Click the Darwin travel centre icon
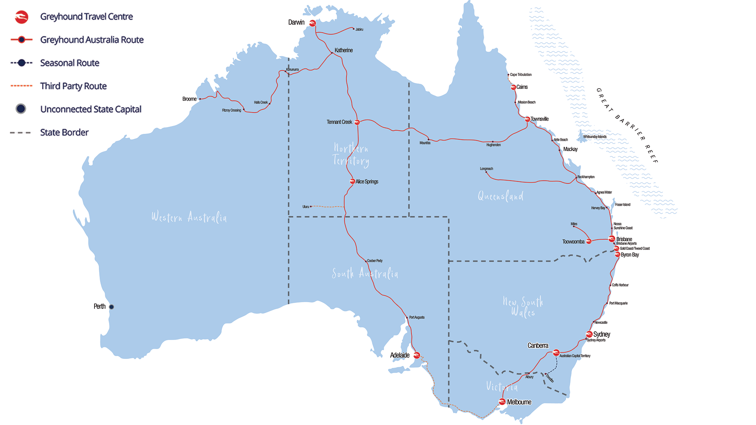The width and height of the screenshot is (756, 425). coord(312,23)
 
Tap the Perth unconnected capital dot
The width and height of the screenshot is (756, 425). coord(111,307)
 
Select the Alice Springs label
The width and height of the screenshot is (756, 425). coord(367,182)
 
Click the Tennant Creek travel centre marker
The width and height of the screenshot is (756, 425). coord(357,122)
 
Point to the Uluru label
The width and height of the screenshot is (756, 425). coord(306,207)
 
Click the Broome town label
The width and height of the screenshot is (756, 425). coord(189,99)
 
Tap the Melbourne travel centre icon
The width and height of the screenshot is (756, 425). coord(502,402)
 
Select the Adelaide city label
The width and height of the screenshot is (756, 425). coord(400,355)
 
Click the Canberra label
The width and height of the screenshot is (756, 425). coord(537,346)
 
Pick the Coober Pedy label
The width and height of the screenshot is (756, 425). coord(374,261)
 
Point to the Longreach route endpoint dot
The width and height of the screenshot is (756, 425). coord(486,172)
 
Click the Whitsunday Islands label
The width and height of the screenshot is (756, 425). coord(595,137)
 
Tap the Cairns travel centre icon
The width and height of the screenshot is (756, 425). coord(513,87)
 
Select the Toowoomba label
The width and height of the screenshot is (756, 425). coord(573,242)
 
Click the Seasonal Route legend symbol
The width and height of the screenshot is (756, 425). coord(22,63)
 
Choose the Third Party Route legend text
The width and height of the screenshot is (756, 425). coord(73,86)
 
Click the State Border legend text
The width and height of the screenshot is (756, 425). coord(64,133)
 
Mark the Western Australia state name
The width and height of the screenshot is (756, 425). coord(189,217)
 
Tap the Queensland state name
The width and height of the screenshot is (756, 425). coord(500,196)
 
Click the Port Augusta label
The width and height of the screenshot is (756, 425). coord(417,318)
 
